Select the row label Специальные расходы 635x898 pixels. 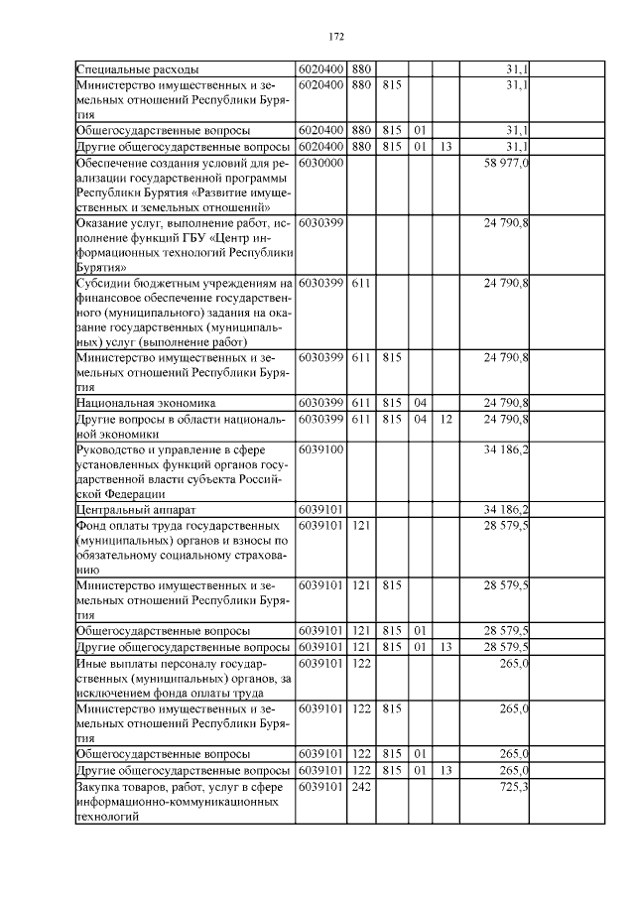coord(138,69)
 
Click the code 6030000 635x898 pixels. coord(320,163)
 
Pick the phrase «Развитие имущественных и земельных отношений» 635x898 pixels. coord(184,201)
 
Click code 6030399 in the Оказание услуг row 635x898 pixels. coord(320,224)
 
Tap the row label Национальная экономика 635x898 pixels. coord(146,403)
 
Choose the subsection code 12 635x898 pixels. coord(445,419)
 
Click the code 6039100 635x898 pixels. coord(320,449)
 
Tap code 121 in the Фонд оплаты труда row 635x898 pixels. coord(360,526)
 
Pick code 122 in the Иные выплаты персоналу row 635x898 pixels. coord(360,664)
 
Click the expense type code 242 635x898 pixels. coord(360,787)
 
